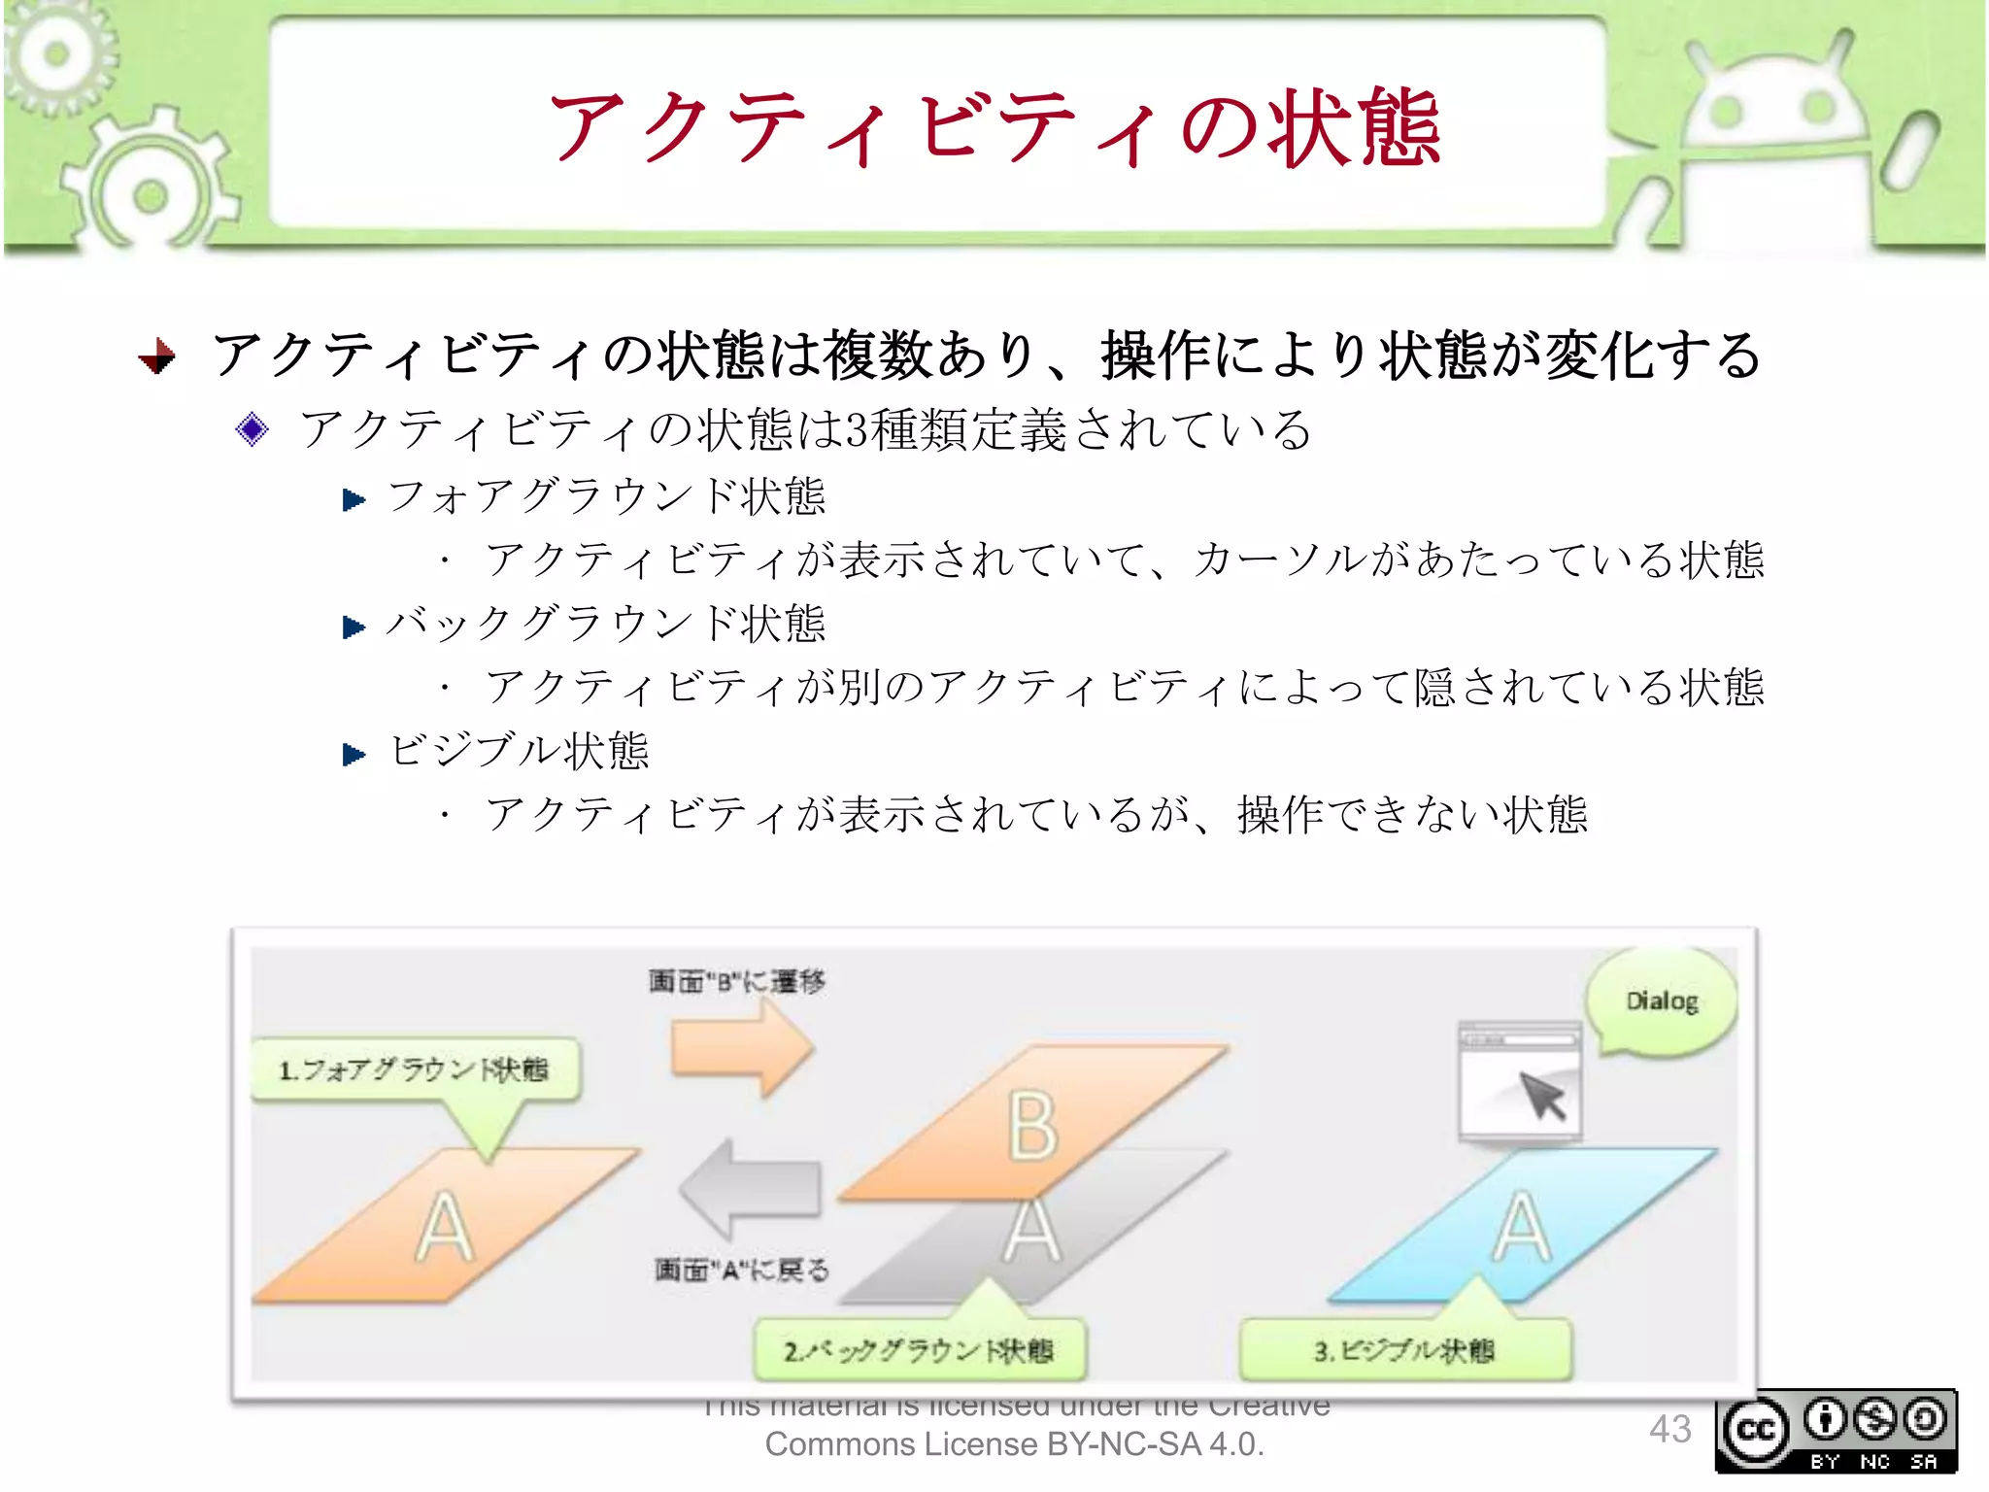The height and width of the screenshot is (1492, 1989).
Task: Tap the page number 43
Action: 1669,1429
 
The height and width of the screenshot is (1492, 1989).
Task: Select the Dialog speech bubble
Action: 1662,1001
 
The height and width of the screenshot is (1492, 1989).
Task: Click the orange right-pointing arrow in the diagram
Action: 742,1048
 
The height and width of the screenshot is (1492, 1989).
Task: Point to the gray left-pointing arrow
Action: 750,1188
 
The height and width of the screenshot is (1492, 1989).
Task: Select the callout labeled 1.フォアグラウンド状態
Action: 415,1069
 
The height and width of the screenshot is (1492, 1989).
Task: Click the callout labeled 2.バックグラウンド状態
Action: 919,1350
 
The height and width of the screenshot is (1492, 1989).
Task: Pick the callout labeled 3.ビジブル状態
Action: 1404,1350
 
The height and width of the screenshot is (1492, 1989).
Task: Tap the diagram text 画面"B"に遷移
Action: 736,981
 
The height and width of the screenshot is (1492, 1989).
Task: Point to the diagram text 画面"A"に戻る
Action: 741,1269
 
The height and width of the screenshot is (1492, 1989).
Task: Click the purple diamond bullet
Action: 252,428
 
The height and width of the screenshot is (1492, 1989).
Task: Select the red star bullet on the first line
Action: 157,356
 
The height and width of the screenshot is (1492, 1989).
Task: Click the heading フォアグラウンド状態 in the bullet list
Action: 606,496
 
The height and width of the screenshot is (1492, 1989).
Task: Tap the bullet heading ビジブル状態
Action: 519,751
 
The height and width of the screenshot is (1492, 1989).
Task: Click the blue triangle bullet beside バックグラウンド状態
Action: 354,627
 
